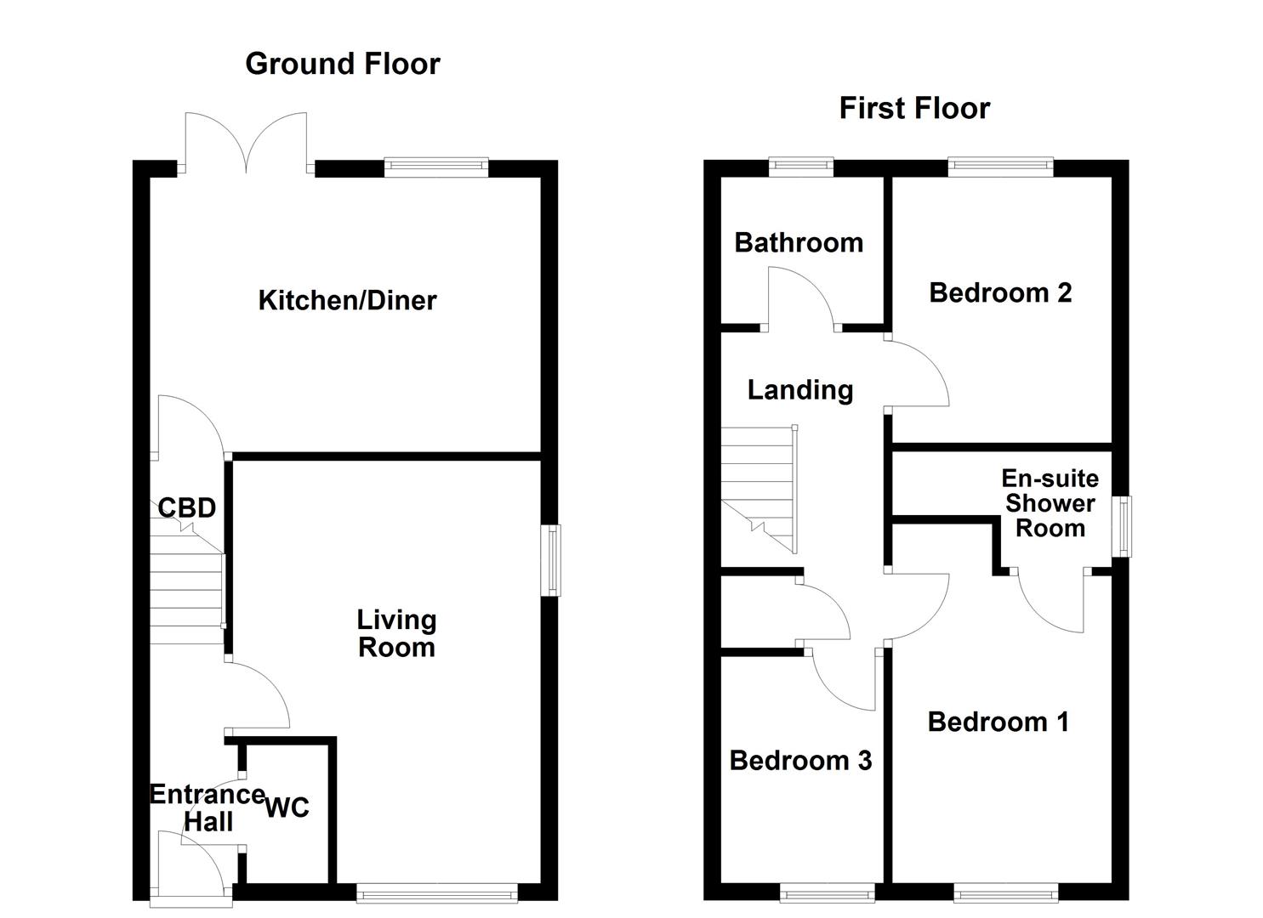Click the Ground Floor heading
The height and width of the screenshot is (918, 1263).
pyautogui.click(x=342, y=64)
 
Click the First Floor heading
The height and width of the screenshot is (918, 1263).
pyautogui.click(x=914, y=109)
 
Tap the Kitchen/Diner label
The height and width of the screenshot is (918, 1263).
pyautogui.click(x=347, y=300)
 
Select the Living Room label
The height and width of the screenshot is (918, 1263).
pyautogui.click(x=396, y=633)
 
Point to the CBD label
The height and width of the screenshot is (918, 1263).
pyautogui.click(x=187, y=508)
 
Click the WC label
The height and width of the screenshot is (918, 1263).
pyautogui.click(x=287, y=807)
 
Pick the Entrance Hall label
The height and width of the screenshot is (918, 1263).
pyautogui.click(x=208, y=807)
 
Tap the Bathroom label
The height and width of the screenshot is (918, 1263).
pyautogui.click(x=799, y=243)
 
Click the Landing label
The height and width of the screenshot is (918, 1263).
pyautogui.click(x=799, y=390)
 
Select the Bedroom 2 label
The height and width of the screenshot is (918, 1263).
pyautogui.click(x=1000, y=293)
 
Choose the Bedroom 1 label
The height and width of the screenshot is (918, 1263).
pyautogui.click(x=998, y=722)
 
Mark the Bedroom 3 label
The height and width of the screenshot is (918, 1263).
pyautogui.click(x=800, y=761)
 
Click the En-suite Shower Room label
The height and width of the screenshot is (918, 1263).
pyautogui.click(x=1050, y=503)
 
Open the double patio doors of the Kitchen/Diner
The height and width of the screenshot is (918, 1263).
pyautogui.click(x=246, y=144)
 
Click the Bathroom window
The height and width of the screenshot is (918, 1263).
pyautogui.click(x=801, y=167)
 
